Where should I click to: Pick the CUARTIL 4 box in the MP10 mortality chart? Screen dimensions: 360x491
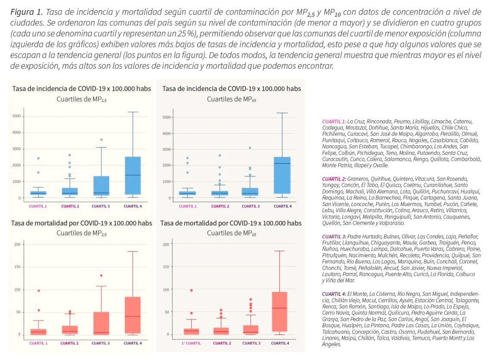pos(280,311)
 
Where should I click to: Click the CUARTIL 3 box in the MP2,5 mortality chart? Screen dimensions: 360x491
pos(101,322)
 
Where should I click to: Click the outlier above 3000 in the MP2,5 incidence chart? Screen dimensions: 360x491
pos(101,140)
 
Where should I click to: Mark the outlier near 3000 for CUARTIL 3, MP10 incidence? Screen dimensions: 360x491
pos(250,148)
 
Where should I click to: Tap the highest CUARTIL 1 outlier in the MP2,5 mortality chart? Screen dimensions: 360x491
pos(39,291)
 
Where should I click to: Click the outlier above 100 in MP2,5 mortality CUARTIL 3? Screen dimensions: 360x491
pos(101,275)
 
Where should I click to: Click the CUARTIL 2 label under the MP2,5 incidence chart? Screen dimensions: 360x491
pos(70,207)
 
